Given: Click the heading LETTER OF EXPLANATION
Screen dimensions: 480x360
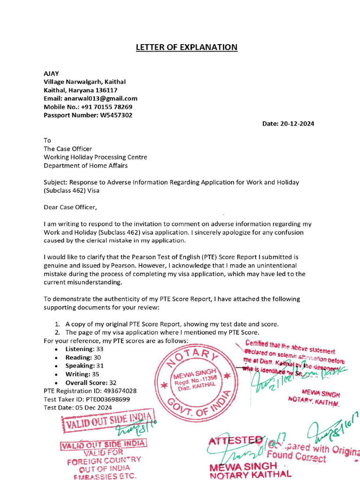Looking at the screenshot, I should tap(187, 47).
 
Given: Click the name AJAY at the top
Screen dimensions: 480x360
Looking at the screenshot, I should tap(52, 74).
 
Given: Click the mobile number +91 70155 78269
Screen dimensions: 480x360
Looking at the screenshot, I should tap(106, 107).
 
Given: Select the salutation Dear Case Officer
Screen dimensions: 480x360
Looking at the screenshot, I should tap(70, 207).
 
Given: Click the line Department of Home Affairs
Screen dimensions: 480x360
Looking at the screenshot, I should tap(85, 165).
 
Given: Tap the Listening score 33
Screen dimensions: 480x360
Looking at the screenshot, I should tap(99, 349).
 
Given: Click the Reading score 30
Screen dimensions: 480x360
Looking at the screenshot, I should tap(97, 358).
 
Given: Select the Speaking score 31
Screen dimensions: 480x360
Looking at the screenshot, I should tap(99, 366).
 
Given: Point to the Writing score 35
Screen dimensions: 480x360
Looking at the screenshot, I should tap(96, 374).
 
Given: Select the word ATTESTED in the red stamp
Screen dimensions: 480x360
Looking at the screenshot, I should tap(235, 441).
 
